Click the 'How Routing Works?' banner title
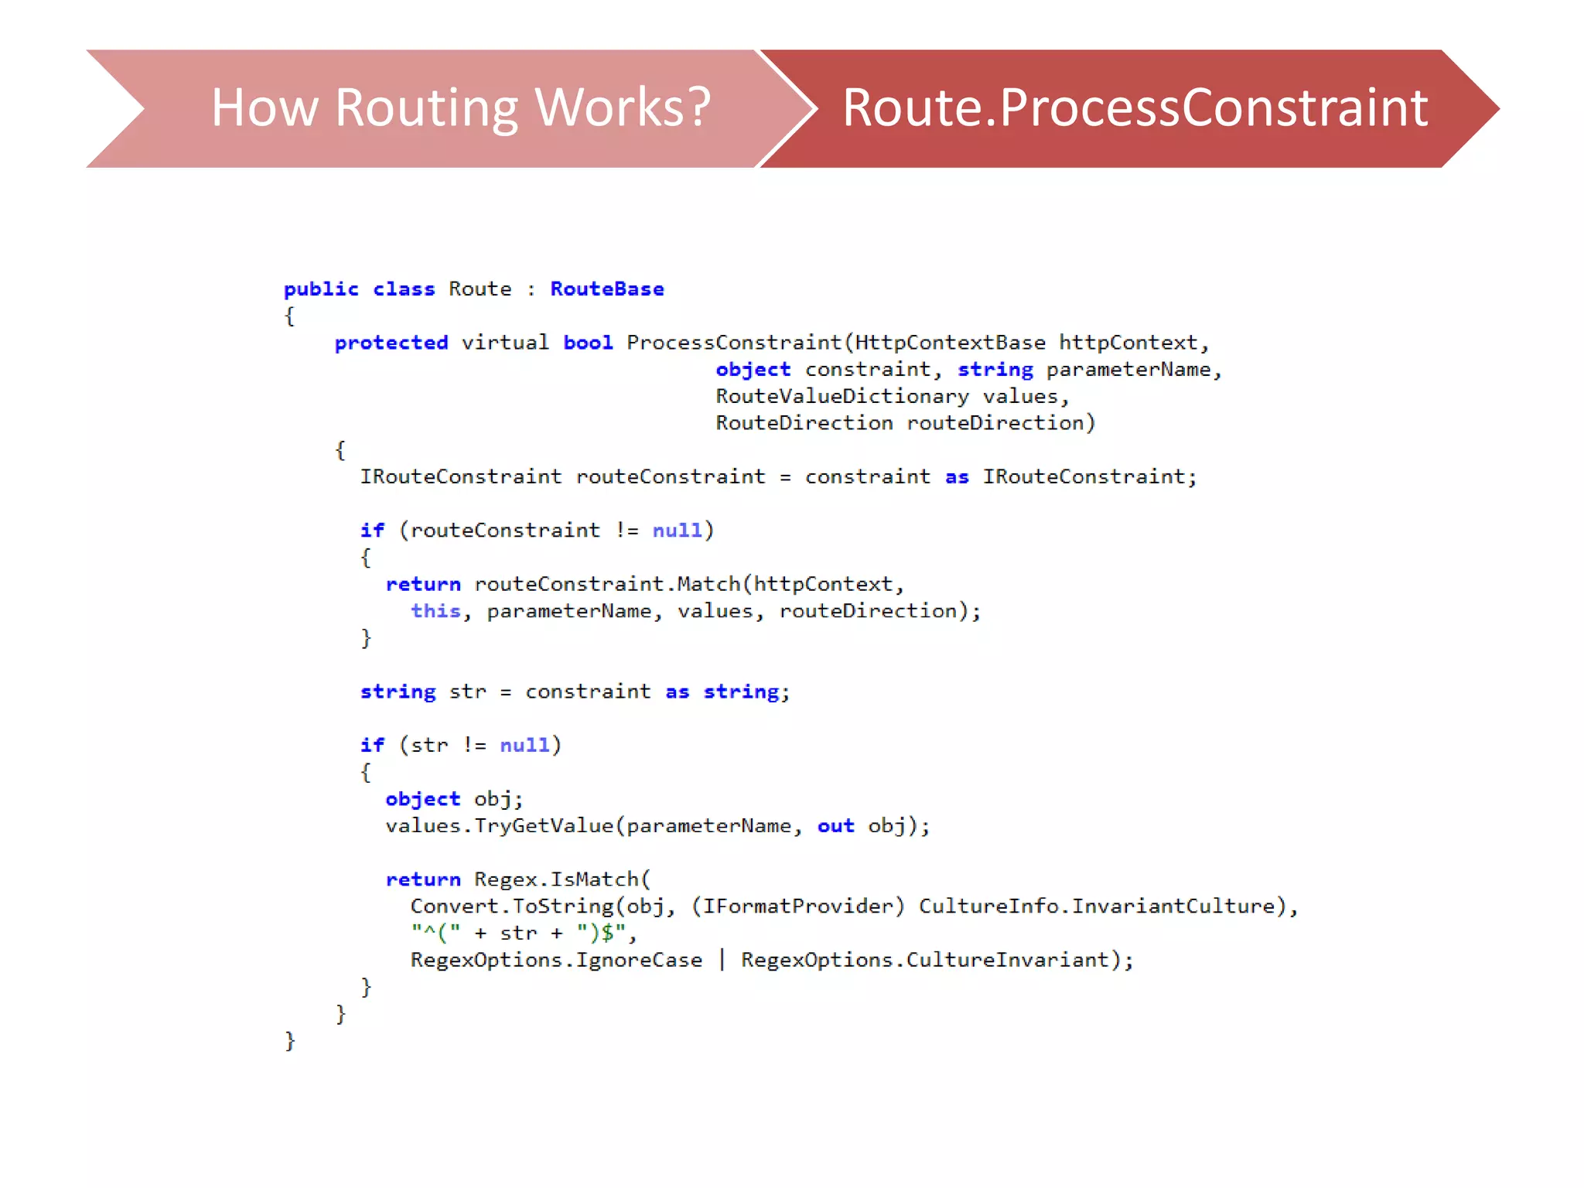click(x=461, y=108)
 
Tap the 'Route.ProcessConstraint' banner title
click(x=1135, y=108)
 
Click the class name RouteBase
click(x=607, y=289)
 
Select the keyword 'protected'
click(x=391, y=343)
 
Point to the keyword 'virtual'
click(x=505, y=343)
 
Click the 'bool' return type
click(x=588, y=343)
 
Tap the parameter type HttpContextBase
click(x=950, y=343)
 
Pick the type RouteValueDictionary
click(x=841, y=397)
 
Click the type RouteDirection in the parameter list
click(x=804, y=423)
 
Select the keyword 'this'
click(x=435, y=611)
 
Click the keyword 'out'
click(x=835, y=826)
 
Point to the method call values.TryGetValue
click(x=500, y=826)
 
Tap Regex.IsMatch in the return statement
click(x=556, y=879)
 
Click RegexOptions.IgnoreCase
click(x=556, y=960)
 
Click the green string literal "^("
click(x=435, y=934)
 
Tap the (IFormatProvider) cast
click(x=797, y=906)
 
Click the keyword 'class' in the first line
click(x=404, y=289)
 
